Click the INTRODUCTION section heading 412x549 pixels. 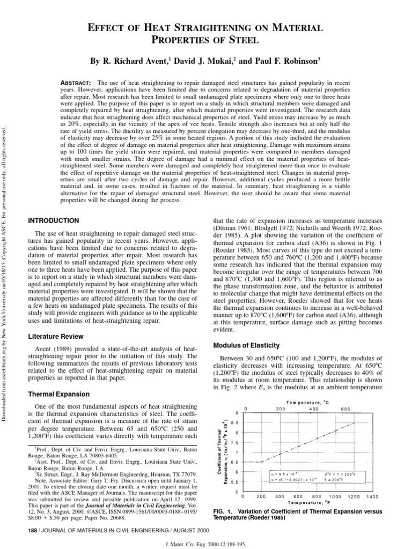coord(53,220)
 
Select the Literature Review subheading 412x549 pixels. coord(55,336)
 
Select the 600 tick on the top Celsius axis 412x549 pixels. coord(345,409)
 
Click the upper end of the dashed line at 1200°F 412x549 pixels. coord(354,422)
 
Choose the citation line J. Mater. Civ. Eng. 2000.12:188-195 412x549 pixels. coord(206,543)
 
